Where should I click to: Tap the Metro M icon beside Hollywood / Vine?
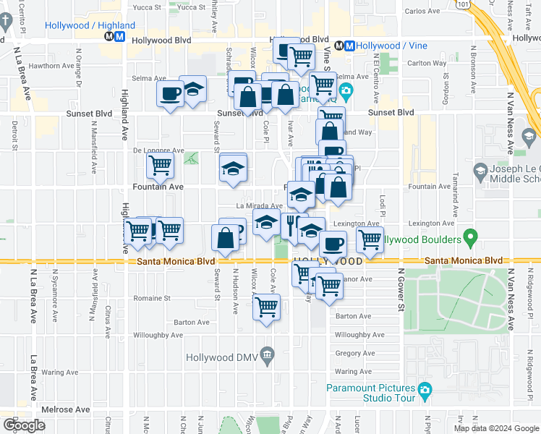[349, 45]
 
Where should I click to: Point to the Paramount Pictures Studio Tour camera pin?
[425, 391]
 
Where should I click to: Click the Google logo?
[25, 425]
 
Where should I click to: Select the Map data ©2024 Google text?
[495, 428]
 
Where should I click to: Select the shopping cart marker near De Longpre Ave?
[161, 165]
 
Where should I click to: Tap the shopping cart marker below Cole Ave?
[266, 307]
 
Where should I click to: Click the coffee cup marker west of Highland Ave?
[170, 95]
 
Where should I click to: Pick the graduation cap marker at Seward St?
[233, 169]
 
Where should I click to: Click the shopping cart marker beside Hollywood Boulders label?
[370, 239]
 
